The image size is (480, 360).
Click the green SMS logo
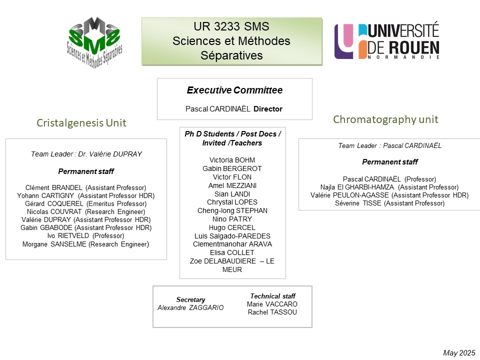[x=94, y=42]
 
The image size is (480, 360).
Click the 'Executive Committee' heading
[x=235, y=90]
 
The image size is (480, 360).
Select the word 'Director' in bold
[x=268, y=109]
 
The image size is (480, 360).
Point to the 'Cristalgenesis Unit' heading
[x=81, y=123]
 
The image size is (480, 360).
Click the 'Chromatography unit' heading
[x=385, y=119]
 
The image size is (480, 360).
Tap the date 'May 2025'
[x=459, y=353]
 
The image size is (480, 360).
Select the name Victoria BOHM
[x=232, y=160]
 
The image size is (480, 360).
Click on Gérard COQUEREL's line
[x=85, y=203]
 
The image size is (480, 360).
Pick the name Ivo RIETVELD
[x=68, y=235]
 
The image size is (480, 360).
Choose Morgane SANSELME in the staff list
[x=54, y=244]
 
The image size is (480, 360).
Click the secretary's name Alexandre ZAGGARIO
[x=190, y=307]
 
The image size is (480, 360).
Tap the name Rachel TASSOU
[x=272, y=312]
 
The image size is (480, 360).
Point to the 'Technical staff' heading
[x=273, y=296]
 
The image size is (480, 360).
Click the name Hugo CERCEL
[x=232, y=228]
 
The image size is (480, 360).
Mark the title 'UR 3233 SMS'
[x=231, y=26]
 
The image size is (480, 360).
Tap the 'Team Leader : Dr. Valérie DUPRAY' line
[x=86, y=154]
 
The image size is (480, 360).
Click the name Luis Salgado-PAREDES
[x=232, y=236]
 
